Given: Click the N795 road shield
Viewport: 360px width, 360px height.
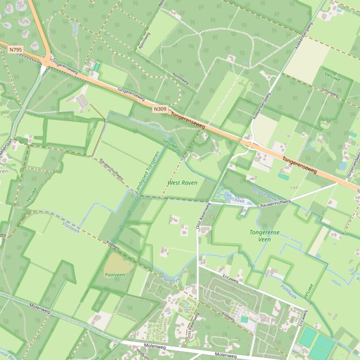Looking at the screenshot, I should click(x=14, y=49).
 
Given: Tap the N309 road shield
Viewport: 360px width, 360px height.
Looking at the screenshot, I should click(x=159, y=109).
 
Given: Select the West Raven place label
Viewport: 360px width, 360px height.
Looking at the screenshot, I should click(x=182, y=183).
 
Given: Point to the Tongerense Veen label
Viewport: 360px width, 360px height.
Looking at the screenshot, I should click(x=264, y=236).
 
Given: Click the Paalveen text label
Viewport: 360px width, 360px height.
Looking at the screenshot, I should click(x=115, y=275).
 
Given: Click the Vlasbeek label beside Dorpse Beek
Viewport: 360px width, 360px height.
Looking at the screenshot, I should click(x=235, y=198).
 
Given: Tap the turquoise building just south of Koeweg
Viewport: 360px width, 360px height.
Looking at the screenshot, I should click(x=244, y=319).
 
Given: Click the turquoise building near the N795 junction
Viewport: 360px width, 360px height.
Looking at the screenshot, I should click(x=97, y=67).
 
